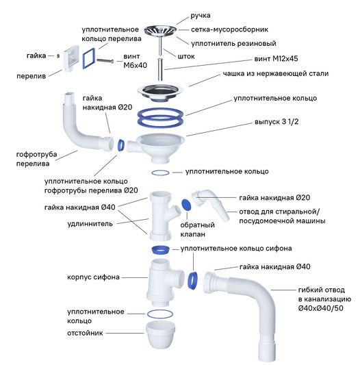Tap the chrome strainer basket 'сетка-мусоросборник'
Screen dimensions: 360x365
coord(160,31)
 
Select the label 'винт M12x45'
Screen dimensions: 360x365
coord(276,58)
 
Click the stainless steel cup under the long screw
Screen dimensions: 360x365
coord(160,92)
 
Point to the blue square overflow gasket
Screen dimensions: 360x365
coord(88,58)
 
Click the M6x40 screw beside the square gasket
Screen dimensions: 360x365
coord(105,61)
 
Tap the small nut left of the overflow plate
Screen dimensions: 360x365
coord(58,56)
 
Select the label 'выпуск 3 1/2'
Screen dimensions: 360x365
coord(277,122)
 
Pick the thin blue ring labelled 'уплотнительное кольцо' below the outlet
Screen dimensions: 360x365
coord(160,173)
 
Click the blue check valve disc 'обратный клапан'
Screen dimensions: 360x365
coord(186,205)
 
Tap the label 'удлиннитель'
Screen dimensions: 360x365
coord(90,224)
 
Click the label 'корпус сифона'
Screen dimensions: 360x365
coord(93,277)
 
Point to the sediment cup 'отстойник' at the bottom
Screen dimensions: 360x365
coord(160,334)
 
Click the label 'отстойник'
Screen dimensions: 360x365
coord(85,333)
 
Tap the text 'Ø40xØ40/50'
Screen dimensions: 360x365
coord(321,308)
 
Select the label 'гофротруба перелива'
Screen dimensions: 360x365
coord(36,159)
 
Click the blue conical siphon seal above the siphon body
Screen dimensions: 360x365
coord(160,250)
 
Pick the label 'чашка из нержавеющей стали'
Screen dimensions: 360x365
coord(276,73)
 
